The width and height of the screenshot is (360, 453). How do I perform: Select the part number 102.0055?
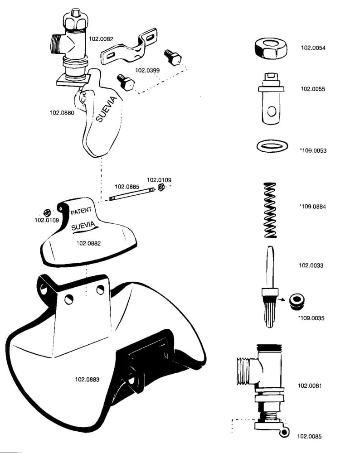coord(313,89)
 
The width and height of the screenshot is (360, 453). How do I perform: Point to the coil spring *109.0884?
coord(271,210)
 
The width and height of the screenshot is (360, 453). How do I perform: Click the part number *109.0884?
coord(312,207)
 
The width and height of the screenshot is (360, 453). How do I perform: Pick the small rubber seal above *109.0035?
coord(297,300)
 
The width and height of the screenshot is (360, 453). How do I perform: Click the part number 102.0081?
coord(310,386)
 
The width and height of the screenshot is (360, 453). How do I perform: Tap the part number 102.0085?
coord(310,437)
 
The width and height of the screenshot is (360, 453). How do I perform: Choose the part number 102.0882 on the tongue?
coord(88,243)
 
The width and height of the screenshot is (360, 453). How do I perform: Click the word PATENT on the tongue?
coord(81,211)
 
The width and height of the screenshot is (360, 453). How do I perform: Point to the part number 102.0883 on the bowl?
coord(87,380)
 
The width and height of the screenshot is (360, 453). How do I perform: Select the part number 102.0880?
coord(62,113)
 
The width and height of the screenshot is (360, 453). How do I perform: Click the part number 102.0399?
coord(147,70)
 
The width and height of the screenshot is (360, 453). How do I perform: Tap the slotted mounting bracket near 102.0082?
coord(129,47)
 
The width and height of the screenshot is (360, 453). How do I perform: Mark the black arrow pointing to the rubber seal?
coord(284,299)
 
